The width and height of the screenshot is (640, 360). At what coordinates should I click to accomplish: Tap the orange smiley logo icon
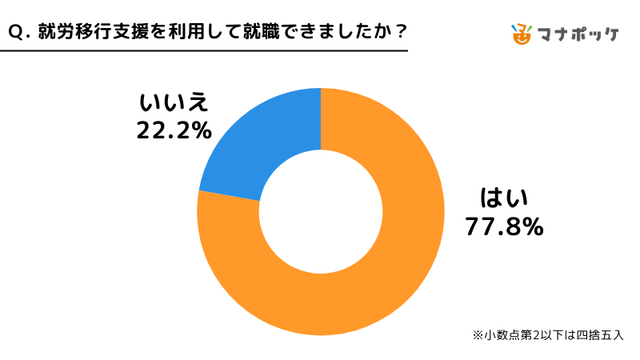(522, 34)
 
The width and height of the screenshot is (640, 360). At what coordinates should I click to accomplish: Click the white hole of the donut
(320, 212)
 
